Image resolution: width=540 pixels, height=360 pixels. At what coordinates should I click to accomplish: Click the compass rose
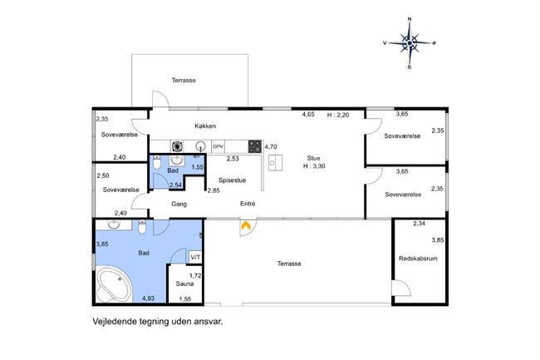point(410,43)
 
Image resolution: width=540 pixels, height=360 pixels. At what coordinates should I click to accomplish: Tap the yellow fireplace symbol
point(245,226)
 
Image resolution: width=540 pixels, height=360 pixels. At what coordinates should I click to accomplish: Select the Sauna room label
point(184,284)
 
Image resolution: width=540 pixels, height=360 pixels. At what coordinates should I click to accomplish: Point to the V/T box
point(195,258)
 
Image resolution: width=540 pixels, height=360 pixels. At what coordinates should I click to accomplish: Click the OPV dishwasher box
point(218,147)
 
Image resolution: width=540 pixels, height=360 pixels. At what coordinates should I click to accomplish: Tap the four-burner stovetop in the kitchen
point(255,146)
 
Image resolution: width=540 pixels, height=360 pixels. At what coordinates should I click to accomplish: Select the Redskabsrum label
point(418,259)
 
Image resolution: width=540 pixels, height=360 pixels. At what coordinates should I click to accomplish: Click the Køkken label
point(205,126)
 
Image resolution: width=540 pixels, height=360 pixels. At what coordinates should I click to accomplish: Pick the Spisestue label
point(232,180)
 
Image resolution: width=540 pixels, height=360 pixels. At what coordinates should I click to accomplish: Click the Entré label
point(248,204)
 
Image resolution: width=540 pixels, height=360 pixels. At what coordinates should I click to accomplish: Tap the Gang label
point(179,204)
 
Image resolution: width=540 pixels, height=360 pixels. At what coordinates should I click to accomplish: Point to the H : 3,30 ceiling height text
point(314,166)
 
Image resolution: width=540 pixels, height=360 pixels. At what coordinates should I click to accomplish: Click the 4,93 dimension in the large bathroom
point(148,298)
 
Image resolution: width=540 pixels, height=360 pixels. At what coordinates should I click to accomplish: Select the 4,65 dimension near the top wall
point(308,115)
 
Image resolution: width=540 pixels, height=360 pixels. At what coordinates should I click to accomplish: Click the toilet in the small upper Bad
point(157,162)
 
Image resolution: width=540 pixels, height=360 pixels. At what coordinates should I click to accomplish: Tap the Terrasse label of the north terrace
point(184,81)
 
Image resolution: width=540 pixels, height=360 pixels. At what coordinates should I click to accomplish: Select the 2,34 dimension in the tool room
point(419,224)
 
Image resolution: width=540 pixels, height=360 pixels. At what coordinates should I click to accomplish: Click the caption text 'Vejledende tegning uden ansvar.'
point(158,322)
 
